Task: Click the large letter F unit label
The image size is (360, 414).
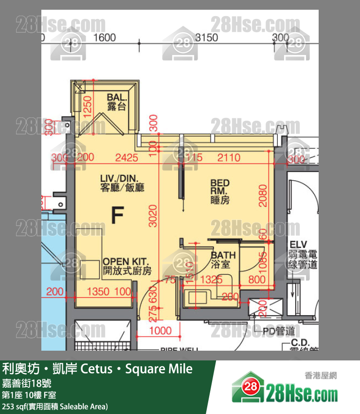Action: pos(118,215)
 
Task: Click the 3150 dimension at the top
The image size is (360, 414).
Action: pos(206,38)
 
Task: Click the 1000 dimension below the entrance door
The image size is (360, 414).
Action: pos(160,331)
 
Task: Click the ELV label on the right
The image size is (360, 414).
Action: pos(297,245)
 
